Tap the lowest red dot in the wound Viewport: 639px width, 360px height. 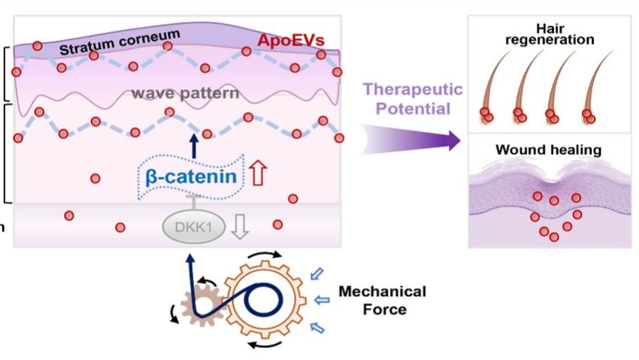pos(554,237)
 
